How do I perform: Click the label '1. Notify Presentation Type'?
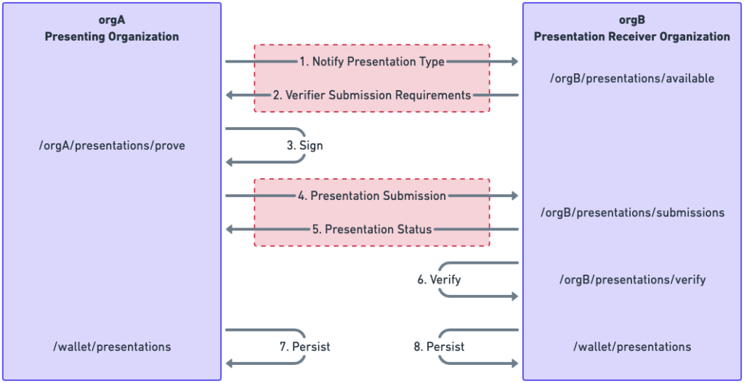pyautogui.click(x=371, y=62)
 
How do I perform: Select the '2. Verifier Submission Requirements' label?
pyautogui.click(x=371, y=95)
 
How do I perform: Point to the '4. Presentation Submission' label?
pyautogui.click(x=371, y=195)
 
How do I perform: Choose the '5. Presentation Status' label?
pyautogui.click(x=371, y=229)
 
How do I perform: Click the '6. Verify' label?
pyautogui.click(x=439, y=280)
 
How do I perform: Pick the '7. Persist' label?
pyautogui.click(x=304, y=347)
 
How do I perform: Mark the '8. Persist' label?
pyautogui.click(x=439, y=347)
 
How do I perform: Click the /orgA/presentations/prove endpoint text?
pyautogui.click(x=112, y=145)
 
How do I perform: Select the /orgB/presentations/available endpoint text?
pyautogui.click(x=632, y=78)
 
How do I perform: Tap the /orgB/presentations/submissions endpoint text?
pyautogui.click(x=632, y=212)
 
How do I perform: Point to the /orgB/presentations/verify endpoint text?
pyautogui.click(x=632, y=280)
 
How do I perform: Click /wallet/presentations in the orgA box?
pyautogui.click(x=112, y=347)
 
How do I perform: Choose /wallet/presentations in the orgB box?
pyautogui.click(x=632, y=347)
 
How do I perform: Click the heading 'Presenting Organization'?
pyautogui.click(x=112, y=36)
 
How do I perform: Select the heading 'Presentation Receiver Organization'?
pyautogui.click(x=632, y=36)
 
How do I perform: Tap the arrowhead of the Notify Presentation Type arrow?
pyautogui.click(x=514, y=62)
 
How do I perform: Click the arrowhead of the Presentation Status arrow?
pyautogui.click(x=230, y=229)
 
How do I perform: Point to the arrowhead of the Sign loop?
pyautogui.click(x=230, y=162)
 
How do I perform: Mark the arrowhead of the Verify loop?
pyautogui.click(x=514, y=296)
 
